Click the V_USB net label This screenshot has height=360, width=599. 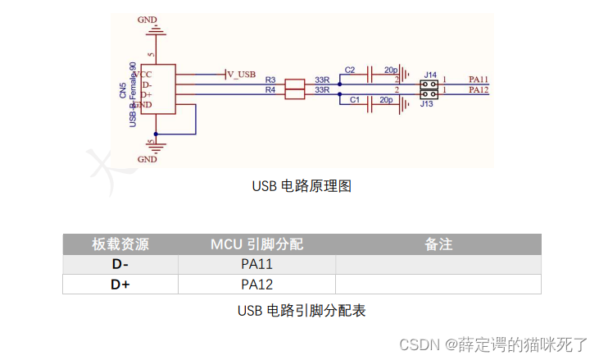[241, 74]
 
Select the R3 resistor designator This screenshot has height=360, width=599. [270, 80]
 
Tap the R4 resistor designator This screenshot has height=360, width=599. [270, 89]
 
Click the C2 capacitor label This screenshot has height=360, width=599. [350, 70]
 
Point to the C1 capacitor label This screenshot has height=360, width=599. [355, 99]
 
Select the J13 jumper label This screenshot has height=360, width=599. [427, 104]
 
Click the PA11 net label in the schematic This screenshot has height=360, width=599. [479, 80]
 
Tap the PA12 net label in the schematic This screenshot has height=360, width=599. [479, 89]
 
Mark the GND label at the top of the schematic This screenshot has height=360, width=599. [147, 18]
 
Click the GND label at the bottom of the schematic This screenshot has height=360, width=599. [147, 159]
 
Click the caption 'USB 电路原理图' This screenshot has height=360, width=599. [302, 186]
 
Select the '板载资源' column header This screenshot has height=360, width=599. [120, 244]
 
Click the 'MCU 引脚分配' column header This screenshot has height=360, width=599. [256, 244]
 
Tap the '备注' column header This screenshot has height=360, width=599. [438, 244]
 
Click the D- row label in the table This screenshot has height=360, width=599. [120, 264]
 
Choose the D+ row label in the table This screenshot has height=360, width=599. [120, 285]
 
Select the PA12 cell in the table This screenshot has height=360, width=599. [256, 285]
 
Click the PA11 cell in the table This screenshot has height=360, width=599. [256, 264]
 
